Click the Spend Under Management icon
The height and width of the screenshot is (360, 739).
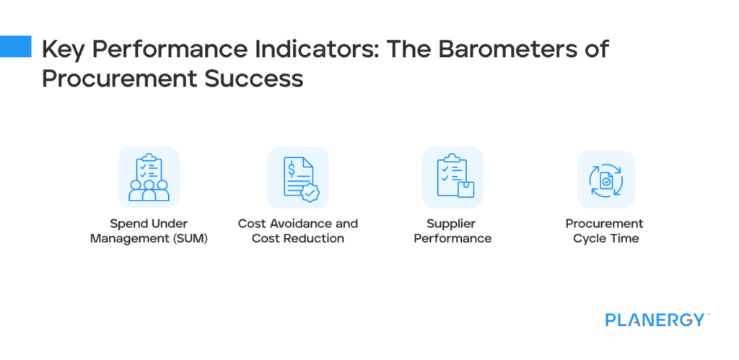tap(149, 177)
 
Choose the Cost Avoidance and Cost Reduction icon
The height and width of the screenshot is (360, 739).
tap(298, 177)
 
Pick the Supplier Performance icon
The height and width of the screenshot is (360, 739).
tap(452, 177)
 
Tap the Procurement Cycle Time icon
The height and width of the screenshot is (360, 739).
tap(605, 180)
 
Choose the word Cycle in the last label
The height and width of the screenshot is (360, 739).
tap(590, 239)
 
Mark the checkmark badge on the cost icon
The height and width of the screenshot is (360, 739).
tap(311, 193)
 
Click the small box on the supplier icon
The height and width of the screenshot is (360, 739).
tap(466, 190)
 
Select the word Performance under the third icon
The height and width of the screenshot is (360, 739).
tap(452, 239)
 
